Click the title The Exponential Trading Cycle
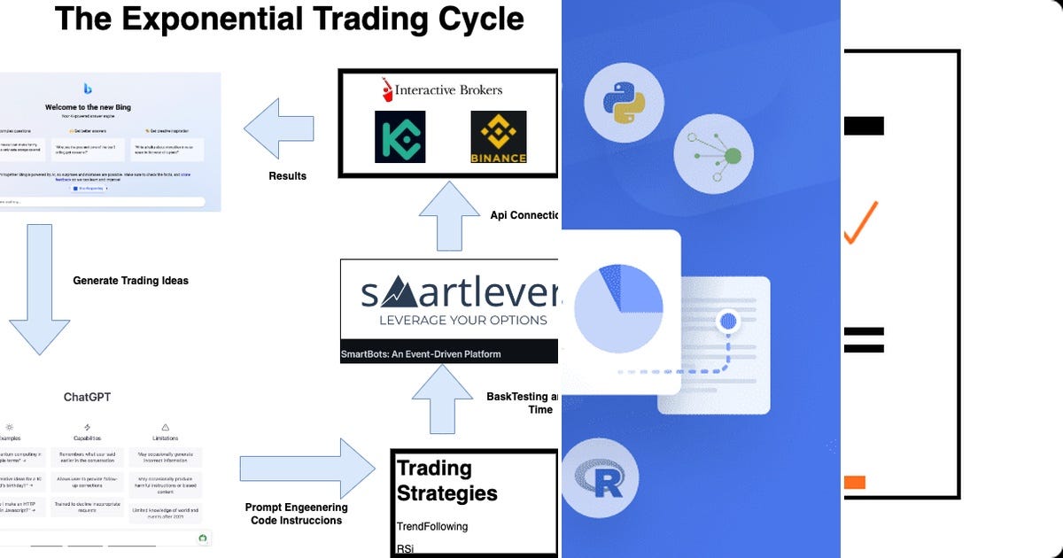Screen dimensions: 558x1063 pos(289,19)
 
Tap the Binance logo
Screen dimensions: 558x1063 pos(498,137)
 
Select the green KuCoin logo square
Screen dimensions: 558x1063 pos(400,136)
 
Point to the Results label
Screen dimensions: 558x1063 pos(287,176)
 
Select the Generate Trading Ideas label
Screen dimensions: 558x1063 pos(130,281)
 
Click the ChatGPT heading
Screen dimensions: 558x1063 pos(87,397)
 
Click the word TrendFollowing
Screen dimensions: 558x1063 pos(431,526)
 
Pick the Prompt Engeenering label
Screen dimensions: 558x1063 pos(296,508)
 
